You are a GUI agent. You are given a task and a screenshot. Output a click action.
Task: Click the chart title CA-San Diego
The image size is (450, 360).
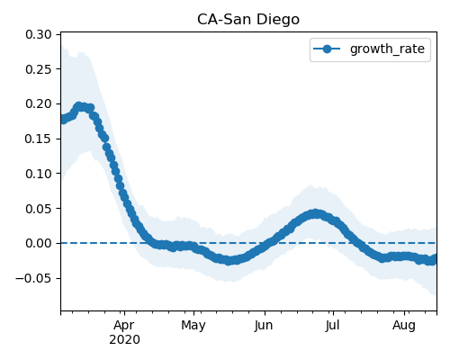(x=248, y=20)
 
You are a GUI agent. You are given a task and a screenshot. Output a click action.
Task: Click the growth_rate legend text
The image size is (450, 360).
(x=387, y=49)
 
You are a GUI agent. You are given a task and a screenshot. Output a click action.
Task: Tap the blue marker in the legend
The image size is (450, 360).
(x=327, y=49)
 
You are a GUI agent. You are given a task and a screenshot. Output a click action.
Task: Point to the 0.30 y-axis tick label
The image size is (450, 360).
(x=39, y=34)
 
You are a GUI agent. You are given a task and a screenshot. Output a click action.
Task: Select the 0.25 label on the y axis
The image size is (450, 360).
(x=39, y=69)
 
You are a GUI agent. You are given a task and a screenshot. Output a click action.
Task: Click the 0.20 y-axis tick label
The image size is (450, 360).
(x=39, y=104)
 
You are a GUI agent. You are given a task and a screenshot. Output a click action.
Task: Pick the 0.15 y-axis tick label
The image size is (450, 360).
(x=39, y=139)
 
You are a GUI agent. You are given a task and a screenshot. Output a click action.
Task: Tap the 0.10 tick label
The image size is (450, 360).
(x=39, y=174)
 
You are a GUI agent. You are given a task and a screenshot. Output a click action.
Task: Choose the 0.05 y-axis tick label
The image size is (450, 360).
(x=39, y=209)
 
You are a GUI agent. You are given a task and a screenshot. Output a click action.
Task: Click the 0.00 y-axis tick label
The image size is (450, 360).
(x=39, y=243)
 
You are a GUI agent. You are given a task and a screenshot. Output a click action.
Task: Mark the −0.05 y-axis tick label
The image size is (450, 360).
(x=33, y=278)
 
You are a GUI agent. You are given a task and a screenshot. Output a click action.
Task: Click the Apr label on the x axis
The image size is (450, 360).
(x=124, y=326)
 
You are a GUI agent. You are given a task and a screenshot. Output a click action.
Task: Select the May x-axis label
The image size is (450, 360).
(x=193, y=326)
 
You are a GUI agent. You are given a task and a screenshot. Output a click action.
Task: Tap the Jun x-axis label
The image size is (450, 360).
(x=264, y=325)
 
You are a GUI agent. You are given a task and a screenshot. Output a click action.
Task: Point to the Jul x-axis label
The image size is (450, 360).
(x=332, y=325)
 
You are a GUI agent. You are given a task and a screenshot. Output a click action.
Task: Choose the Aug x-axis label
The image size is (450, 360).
(x=404, y=326)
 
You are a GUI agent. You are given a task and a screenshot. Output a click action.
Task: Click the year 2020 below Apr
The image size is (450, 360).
(x=124, y=340)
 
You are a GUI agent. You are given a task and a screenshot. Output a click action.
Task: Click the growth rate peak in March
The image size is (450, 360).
(x=79, y=106)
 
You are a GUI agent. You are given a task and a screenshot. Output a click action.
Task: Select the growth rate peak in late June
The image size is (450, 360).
(x=315, y=214)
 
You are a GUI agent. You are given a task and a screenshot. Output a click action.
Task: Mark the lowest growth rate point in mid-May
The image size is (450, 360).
(x=229, y=260)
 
